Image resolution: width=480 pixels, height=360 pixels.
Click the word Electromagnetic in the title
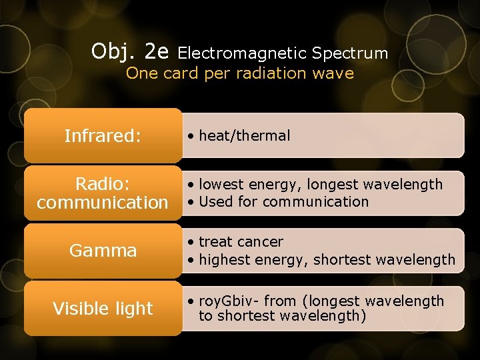pos(242,53)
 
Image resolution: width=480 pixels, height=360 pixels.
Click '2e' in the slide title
pos(157,51)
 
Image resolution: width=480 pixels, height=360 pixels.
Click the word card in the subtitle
pos(180,73)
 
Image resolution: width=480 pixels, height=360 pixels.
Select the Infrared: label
pos(103,136)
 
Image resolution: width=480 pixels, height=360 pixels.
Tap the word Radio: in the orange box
pos(103,184)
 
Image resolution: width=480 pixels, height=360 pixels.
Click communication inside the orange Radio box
pos(103,202)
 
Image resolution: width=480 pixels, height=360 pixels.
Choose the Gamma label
pos(103,251)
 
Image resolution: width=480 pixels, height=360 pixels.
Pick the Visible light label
pos(103,309)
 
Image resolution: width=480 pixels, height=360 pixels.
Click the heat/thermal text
pos(244,136)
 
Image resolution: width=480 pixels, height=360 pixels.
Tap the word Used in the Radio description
pos(213,202)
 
